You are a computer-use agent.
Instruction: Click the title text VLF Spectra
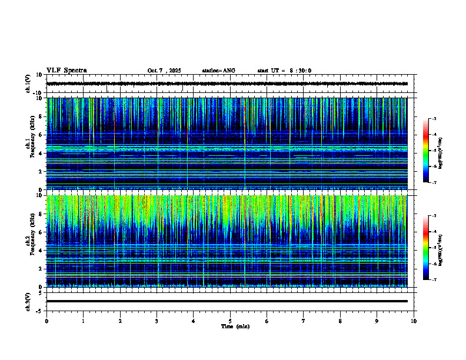coord(66,71)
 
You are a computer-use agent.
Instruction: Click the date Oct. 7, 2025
coord(164,71)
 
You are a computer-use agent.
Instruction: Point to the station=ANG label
coord(218,71)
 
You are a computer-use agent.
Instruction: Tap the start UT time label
coord(284,71)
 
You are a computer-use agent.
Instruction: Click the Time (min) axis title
coord(235,326)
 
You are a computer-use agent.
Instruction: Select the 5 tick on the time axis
coord(230,321)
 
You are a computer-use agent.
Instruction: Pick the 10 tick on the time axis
coord(414,321)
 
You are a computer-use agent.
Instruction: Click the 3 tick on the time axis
coord(157,321)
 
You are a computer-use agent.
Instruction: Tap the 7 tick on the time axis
coord(304,321)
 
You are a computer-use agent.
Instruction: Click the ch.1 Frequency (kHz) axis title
coord(31,144)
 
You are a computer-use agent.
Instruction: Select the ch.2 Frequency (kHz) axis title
coord(31,241)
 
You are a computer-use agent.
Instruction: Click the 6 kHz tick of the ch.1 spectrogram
coord(41,135)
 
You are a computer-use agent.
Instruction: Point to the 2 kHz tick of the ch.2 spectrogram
coord(41,269)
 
